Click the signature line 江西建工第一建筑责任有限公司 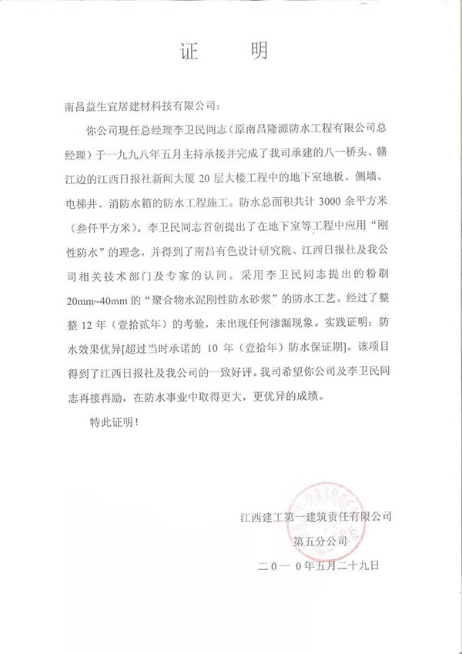(x=316, y=514)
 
